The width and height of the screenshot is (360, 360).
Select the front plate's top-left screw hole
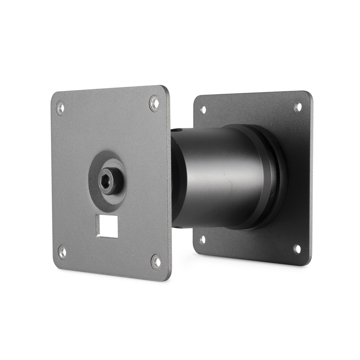(60, 108)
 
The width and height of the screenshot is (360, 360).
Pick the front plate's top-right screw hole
(154, 103)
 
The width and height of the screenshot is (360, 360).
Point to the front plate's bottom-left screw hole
(62, 252)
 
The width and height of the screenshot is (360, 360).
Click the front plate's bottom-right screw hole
(156, 262)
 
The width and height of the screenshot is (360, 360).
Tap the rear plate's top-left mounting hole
(203, 109)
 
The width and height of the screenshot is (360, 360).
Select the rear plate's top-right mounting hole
(298, 107)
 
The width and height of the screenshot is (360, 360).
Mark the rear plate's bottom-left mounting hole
(202, 240)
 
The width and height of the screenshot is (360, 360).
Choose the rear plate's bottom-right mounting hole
(297, 249)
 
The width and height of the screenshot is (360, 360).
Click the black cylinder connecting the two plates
(214, 176)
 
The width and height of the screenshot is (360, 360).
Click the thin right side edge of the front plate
(169, 183)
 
